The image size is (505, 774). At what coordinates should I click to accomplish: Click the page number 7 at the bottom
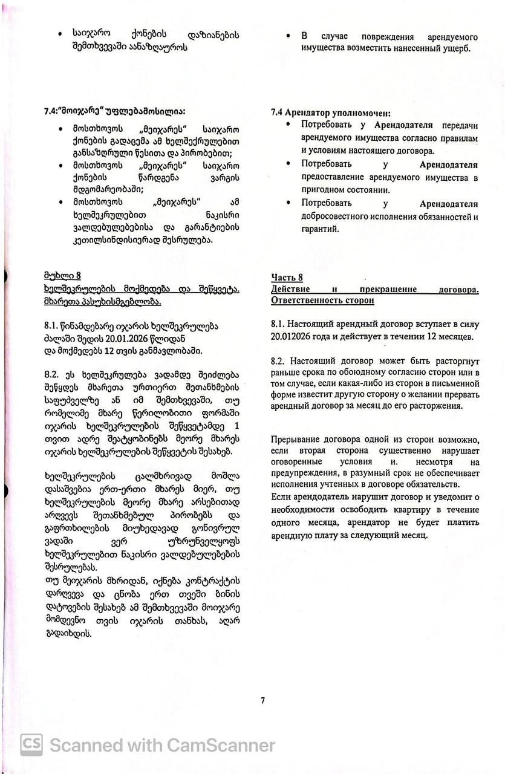point(263,701)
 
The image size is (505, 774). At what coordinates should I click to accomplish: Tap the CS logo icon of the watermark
point(31,744)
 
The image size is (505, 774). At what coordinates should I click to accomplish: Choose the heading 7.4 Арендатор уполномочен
point(331,113)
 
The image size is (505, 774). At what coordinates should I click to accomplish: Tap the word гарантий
point(319,229)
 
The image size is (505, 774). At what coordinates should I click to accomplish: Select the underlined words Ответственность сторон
point(322,301)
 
